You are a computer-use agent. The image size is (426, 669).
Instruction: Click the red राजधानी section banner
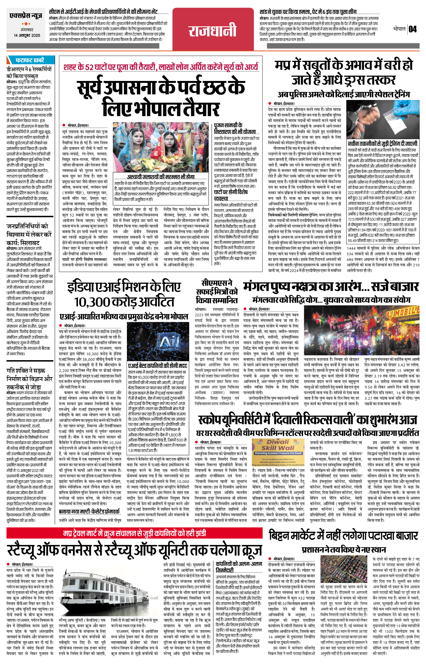pyautogui.click(x=213, y=31)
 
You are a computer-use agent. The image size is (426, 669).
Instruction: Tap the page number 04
pyautogui.click(x=413, y=29)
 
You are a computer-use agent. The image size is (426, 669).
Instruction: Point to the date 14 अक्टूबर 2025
pyautogui.click(x=27, y=35)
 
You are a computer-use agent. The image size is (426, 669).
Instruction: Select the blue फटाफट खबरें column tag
pyautogui.click(x=29, y=60)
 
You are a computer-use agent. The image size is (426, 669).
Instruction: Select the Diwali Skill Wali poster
pyautogui.click(x=278, y=453)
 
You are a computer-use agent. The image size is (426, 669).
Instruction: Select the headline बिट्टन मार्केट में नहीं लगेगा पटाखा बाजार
pyautogui.click(x=343, y=535)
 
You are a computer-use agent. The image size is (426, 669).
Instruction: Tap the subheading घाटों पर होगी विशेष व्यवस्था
pyautogui.click(x=231, y=195)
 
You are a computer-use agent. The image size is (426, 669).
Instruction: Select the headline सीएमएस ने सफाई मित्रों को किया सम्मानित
pyautogui.click(x=216, y=291)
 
